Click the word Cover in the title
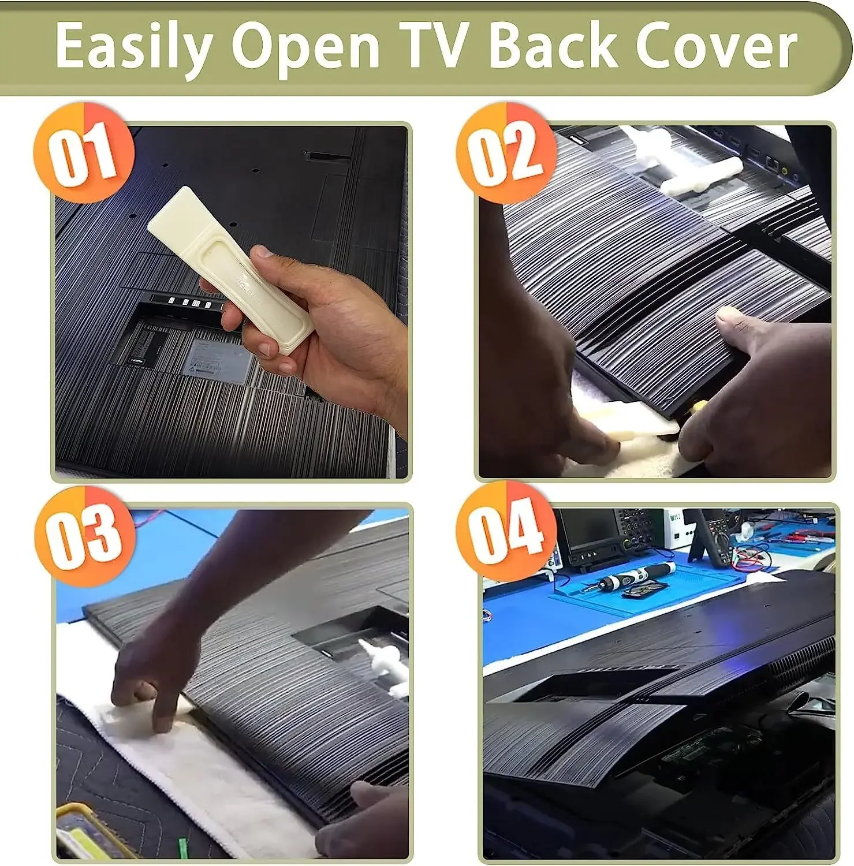point(716,46)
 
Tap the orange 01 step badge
point(84,152)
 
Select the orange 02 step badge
point(506,152)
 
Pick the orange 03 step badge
point(85,536)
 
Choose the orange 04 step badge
point(506,531)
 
